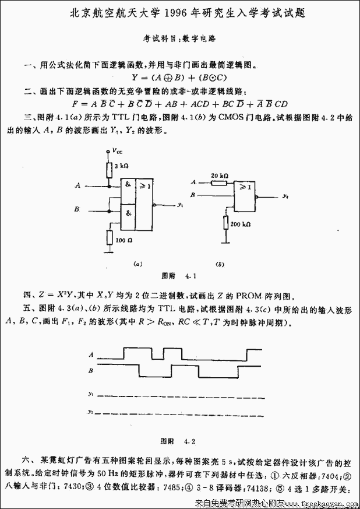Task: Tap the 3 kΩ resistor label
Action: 120,167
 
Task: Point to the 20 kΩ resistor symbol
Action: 219,182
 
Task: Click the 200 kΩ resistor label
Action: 240,224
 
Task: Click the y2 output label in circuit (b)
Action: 285,196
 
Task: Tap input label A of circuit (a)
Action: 77,185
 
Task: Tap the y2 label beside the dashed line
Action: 91,412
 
